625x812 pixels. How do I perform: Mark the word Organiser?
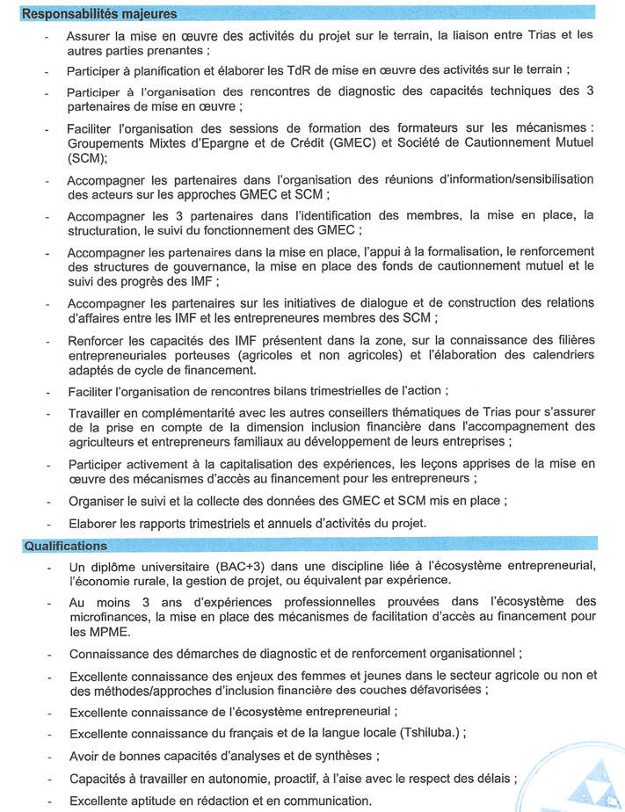(99, 501)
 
